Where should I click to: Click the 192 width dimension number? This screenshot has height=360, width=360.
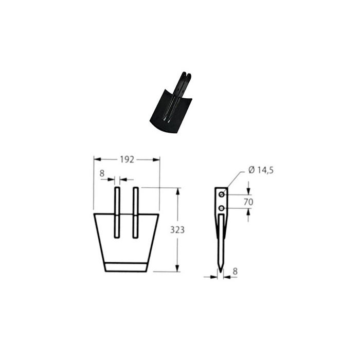[x=127, y=159]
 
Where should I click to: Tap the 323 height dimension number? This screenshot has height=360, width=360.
[x=177, y=229]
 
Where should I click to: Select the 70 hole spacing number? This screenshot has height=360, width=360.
[x=248, y=202]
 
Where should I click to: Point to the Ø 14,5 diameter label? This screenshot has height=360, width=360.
[x=261, y=170]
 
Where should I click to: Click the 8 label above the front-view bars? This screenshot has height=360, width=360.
[x=102, y=173]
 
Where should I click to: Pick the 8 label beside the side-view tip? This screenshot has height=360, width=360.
[x=235, y=272]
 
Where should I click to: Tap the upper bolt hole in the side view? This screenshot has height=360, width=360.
[x=222, y=195]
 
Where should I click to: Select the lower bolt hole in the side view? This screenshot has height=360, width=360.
[x=222, y=208]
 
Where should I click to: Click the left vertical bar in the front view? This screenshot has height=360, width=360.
[x=117, y=212]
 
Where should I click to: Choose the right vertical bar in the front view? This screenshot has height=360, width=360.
[x=136, y=212]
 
